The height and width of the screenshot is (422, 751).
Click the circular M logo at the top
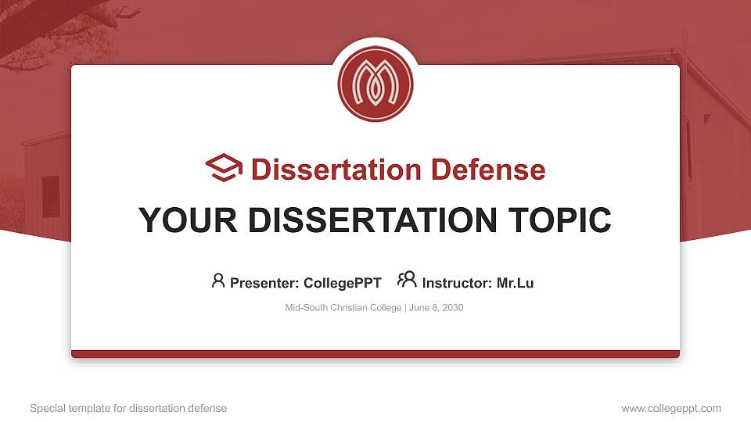375,84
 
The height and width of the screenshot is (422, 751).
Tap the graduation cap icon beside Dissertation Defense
224,168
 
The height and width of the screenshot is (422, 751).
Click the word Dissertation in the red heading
336,170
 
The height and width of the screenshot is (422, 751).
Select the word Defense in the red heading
488,170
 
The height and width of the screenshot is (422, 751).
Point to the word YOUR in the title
188,220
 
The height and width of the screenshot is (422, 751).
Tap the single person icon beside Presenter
218,281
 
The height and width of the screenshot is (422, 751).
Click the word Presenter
264,283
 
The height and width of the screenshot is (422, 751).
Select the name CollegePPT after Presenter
343,283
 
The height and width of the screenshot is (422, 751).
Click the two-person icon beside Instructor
407,280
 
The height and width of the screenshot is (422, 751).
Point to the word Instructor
457,283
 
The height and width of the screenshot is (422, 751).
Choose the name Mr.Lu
515,283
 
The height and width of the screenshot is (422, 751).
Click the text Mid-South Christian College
343,308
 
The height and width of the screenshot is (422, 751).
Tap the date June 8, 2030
437,308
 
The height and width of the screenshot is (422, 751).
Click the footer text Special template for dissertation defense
128,408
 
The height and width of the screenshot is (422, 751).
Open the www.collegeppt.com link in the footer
671,408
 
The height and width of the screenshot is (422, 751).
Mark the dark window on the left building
51,196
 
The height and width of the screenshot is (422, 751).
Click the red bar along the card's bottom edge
375,354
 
